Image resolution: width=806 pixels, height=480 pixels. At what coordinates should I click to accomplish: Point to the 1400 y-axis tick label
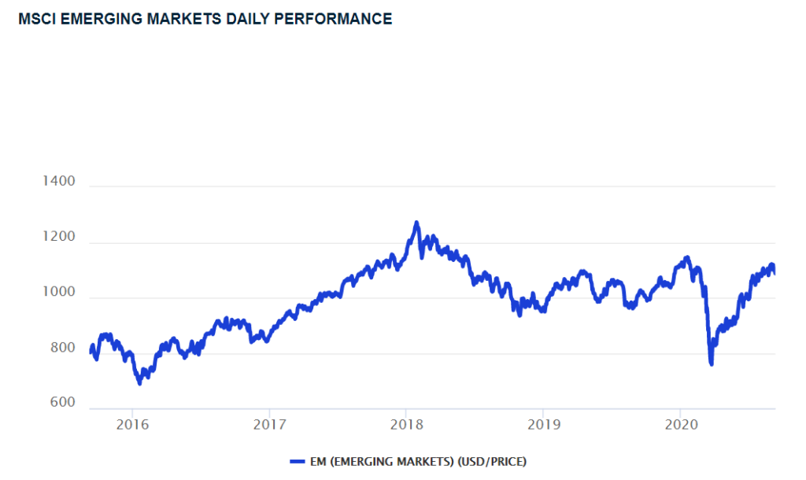point(58,182)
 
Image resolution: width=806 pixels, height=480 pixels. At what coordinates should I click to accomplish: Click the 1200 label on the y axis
point(58,237)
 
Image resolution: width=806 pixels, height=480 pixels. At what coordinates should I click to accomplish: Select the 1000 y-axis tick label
point(58,293)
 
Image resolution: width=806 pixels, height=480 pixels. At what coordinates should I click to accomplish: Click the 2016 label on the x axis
point(132,425)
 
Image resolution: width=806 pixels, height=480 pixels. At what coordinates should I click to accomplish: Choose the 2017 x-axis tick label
point(268,425)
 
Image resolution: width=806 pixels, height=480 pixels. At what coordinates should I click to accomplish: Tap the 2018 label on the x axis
point(405,425)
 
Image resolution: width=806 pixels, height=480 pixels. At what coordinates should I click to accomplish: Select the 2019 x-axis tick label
point(542,425)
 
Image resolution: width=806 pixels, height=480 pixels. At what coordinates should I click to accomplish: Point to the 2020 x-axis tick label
point(679,425)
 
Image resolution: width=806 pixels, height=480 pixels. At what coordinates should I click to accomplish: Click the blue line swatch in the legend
point(298,461)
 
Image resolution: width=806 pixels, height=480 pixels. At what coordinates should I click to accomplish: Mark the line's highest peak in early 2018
point(416,223)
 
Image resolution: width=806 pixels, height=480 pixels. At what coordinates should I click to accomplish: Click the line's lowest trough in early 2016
point(140,383)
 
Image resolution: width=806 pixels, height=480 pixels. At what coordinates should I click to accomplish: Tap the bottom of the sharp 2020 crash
point(712,364)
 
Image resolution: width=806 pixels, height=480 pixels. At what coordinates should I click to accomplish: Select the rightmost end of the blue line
point(775,273)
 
